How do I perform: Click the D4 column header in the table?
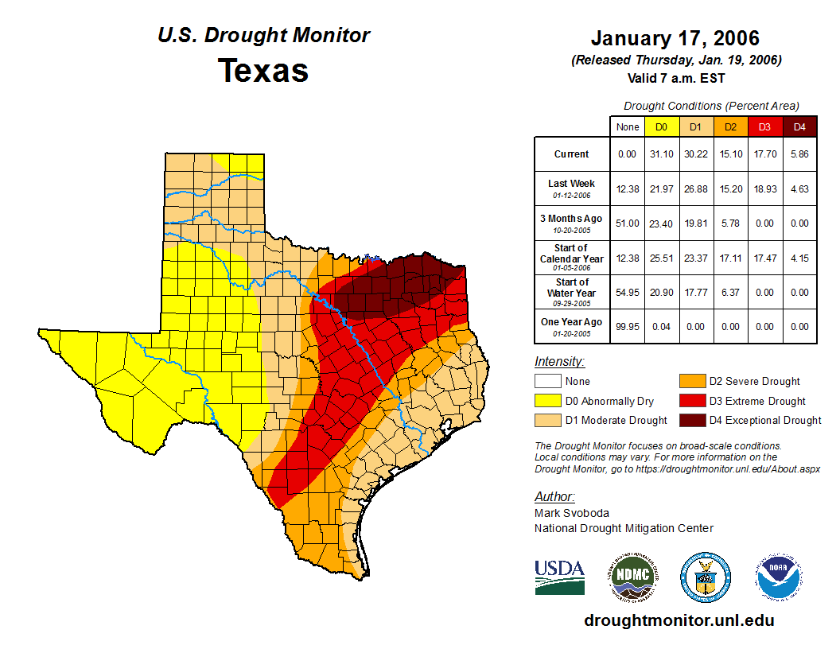pyautogui.click(x=799, y=126)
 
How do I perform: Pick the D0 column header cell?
pyautogui.click(x=661, y=126)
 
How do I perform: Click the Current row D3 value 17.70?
pyautogui.click(x=765, y=154)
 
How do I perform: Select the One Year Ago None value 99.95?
pyautogui.click(x=628, y=326)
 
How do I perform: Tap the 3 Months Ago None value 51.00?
pyautogui.click(x=628, y=223)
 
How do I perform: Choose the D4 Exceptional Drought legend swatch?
pyautogui.click(x=691, y=420)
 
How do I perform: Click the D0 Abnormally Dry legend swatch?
pyautogui.click(x=548, y=401)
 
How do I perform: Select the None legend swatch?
pyautogui.click(x=548, y=382)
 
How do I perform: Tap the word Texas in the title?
pyautogui.click(x=263, y=70)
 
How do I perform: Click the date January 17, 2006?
pyautogui.click(x=675, y=38)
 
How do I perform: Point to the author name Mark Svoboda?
pyautogui.click(x=570, y=513)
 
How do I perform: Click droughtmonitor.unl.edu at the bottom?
pyautogui.click(x=679, y=620)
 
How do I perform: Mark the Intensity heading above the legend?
pyautogui.click(x=559, y=362)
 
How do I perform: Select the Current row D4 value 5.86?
pyautogui.click(x=799, y=154)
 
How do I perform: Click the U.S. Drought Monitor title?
pyautogui.click(x=263, y=36)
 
